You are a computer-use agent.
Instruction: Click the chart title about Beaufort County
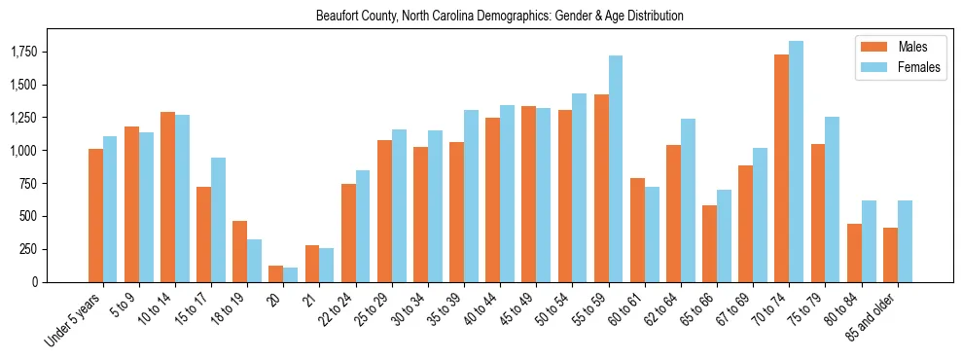[499, 17]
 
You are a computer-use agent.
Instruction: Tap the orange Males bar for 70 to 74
[781, 168]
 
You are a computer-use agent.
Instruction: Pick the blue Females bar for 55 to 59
[615, 168]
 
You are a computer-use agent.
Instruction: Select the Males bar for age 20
[275, 273]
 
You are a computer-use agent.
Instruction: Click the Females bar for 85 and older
[905, 241]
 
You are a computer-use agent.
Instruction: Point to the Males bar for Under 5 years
[95, 215]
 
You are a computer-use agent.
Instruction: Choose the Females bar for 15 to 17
[218, 220]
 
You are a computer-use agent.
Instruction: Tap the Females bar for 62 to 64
[688, 200]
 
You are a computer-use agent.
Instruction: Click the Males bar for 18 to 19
[239, 251]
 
